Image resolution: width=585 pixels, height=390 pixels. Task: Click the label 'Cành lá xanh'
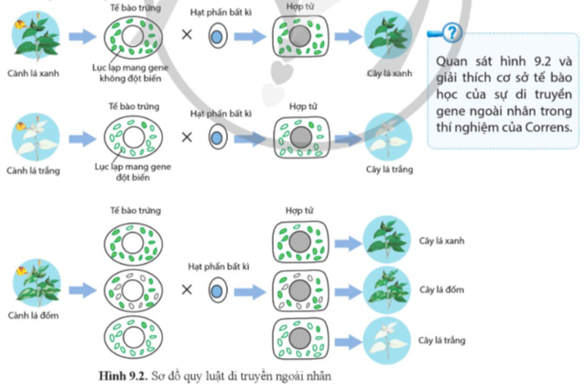[33, 73]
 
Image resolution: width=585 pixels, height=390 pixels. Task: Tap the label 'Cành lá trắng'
[33, 170]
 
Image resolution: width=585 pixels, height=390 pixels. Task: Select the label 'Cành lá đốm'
[33, 315]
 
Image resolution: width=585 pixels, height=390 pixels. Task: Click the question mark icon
[451, 33]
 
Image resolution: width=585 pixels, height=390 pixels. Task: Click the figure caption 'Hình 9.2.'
[123, 376]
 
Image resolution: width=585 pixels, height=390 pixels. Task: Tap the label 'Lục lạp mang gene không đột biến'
[130, 73]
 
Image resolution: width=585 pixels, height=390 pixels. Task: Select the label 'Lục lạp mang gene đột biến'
[133, 172]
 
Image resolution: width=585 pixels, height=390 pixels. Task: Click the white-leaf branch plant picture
[36, 137]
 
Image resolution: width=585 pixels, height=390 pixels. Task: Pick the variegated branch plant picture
[37, 283]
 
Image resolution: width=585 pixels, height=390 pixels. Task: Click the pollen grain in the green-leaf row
[218, 36]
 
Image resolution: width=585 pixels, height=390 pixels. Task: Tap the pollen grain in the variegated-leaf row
[218, 290]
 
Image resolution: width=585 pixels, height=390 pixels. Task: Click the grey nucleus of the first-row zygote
[299, 37]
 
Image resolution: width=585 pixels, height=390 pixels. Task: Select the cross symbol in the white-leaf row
[187, 137]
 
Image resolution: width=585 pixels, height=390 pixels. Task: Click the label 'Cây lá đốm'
[442, 289]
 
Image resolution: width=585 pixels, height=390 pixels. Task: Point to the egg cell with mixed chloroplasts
[133, 291]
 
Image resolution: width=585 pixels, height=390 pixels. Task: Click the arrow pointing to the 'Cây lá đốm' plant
[348, 291]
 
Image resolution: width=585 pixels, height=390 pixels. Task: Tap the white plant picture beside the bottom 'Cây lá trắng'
[387, 341]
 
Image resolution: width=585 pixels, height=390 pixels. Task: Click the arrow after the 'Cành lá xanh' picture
[82, 37]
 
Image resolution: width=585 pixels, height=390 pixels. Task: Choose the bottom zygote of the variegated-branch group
[300, 339]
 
